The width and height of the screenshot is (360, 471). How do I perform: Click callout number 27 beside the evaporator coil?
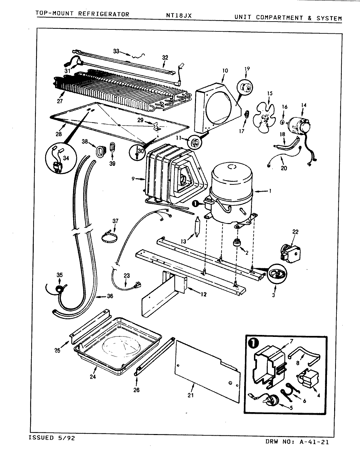[x=60, y=101]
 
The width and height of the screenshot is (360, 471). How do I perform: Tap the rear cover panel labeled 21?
[x=207, y=370]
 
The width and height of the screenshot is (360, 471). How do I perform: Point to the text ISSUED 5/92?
[x=50, y=438]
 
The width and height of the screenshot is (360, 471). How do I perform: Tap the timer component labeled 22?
[x=289, y=250]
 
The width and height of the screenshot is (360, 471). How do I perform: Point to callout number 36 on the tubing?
[x=110, y=296]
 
